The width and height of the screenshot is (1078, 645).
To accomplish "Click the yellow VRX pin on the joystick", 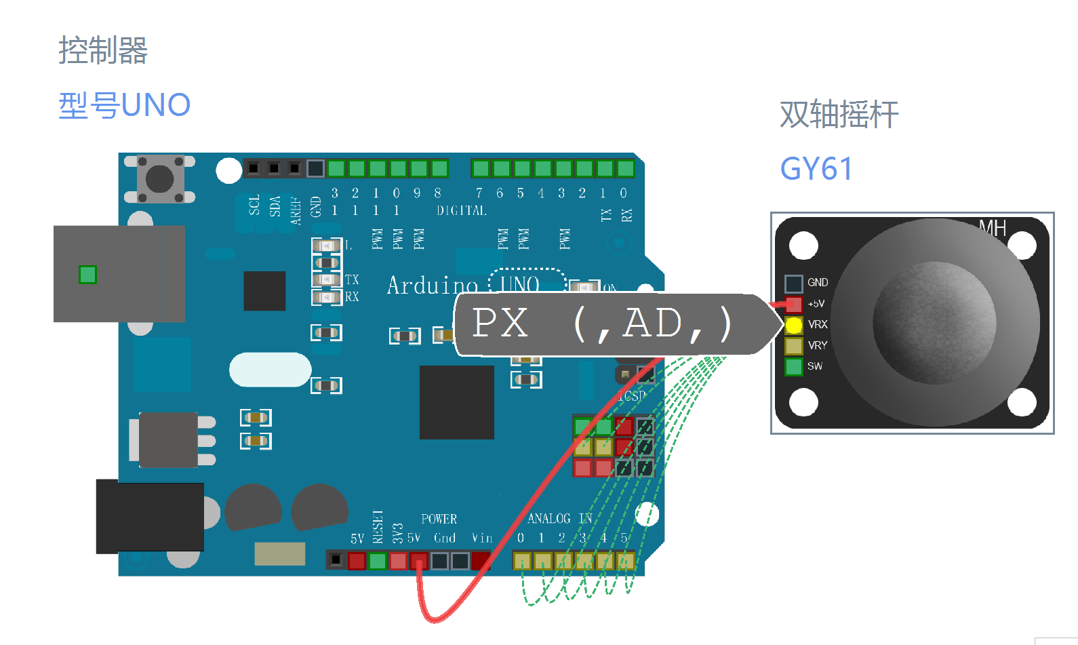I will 793,326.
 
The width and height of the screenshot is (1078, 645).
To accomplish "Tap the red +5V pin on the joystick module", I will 793,304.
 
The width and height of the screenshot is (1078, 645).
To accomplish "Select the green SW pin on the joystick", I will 793,367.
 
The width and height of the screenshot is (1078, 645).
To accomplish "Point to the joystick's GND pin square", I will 793,283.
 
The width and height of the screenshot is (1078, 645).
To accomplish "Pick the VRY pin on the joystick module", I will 793,346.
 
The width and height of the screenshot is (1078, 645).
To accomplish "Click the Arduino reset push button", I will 160,179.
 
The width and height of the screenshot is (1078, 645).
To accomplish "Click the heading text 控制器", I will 103,50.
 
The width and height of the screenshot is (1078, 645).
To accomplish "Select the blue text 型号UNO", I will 124,106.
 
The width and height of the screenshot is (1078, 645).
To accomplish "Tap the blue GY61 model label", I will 816,169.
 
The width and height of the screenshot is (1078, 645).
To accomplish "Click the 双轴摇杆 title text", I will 839,114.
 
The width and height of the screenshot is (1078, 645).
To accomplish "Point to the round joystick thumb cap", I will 934,323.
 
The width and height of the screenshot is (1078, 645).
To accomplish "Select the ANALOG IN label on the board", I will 559,519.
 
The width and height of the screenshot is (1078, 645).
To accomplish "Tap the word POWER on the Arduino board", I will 439,520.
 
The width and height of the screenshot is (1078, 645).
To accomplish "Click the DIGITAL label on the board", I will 461,211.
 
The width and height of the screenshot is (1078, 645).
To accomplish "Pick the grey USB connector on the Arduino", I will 119,273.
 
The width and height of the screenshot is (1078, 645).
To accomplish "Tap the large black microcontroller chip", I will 456,402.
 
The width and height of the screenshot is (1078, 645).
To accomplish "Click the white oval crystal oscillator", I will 270,370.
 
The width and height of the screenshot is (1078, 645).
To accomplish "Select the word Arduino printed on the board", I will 432,286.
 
